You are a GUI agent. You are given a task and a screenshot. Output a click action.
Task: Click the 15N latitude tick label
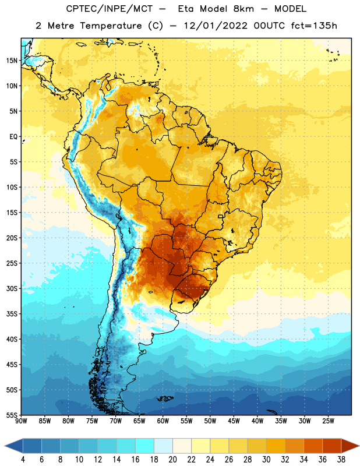coord(12,61)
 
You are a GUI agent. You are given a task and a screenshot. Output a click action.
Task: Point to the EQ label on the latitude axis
coord(13,137)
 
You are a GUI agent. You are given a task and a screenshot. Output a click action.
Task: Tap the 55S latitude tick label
coord(12,415)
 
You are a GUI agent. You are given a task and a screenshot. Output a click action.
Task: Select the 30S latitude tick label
coord(12,288)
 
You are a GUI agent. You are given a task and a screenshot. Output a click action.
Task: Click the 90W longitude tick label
coord(21,421)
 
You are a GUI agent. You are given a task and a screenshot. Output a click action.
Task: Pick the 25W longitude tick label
coord(328,421)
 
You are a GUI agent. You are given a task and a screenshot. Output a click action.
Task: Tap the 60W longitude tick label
coord(163,421)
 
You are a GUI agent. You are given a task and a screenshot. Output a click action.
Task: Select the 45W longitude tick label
coord(234,421)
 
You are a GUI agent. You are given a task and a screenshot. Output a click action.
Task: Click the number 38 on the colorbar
coord(341,460)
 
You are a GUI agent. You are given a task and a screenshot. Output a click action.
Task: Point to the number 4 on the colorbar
coord(23,460)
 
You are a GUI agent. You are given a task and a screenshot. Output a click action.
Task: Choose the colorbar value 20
coord(172,460)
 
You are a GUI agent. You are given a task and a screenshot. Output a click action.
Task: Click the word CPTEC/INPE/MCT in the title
coord(110,9)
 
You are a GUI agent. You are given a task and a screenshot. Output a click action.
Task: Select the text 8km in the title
coord(243,9)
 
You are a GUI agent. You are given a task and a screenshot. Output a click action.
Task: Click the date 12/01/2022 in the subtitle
coord(216,26)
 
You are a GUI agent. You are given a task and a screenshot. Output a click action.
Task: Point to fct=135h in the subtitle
coord(314,26)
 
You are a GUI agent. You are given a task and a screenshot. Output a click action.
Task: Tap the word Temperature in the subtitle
coord(111,26)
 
